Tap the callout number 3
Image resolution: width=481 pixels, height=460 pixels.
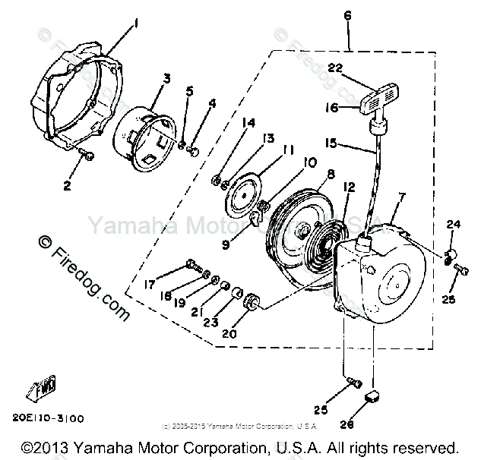166,77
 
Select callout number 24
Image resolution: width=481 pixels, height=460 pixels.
453,225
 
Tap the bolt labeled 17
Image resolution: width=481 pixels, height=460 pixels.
193,266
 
